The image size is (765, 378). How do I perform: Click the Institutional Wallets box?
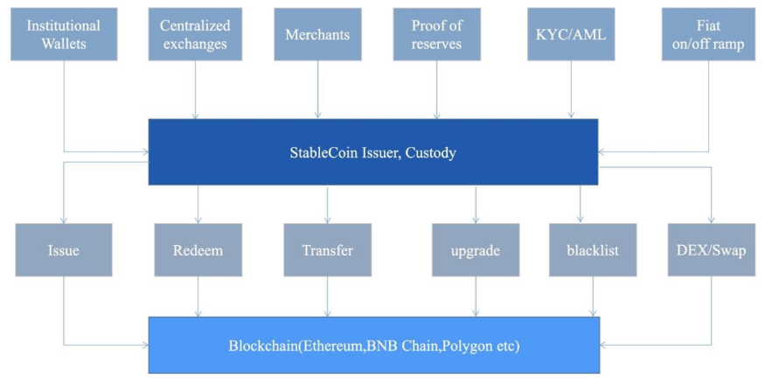point(64,34)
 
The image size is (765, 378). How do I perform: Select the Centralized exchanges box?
point(193,34)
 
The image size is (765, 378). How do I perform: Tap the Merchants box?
point(317,34)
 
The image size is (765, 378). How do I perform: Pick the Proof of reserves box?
point(436,34)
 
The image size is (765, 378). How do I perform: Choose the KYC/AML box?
point(571,34)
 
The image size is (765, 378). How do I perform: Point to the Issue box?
point(64,250)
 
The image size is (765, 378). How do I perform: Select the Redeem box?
point(198,250)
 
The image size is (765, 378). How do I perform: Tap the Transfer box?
point(327,250)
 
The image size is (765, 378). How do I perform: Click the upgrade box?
point(476,250)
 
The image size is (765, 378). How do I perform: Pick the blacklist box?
point(593,250)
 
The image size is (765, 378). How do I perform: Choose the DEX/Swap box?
point(711,250)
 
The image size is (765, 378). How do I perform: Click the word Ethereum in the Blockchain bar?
point(333,346)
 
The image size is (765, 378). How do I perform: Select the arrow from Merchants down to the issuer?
point(317,90)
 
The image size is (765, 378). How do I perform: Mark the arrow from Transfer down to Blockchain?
point(328,297)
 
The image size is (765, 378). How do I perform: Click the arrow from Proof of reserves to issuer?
point(436,90)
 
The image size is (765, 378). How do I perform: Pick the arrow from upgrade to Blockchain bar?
point(476,297)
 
